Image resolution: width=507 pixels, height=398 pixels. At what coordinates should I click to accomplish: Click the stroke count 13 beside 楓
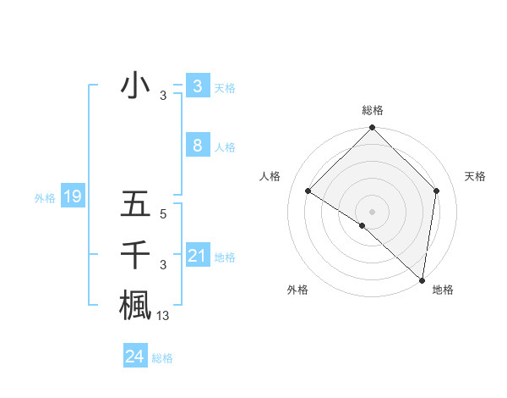click(163, 316)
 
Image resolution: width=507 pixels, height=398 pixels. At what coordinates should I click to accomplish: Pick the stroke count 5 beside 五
click(163, 215)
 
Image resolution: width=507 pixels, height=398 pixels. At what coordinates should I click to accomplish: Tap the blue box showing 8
click(197, 146)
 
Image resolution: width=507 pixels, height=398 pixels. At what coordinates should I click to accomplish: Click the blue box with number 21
click(197, 255)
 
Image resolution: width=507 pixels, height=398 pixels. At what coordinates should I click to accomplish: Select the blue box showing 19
click(73, 197)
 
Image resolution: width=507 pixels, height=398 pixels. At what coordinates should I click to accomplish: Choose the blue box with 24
click(134, 357)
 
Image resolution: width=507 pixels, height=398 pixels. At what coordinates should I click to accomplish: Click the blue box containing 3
click(197, 86)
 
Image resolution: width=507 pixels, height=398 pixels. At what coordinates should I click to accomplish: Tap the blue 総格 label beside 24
click(162, 358)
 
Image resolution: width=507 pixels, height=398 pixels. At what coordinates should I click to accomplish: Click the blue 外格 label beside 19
click(45, 198)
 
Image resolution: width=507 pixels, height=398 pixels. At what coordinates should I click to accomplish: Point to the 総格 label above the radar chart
click(372, 110)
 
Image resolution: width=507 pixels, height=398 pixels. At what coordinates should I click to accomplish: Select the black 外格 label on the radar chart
click(297, 290)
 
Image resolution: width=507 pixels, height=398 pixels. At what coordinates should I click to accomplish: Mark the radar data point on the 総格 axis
click(372, 129)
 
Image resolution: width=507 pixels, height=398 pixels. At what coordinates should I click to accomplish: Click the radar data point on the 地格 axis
click(422, 280)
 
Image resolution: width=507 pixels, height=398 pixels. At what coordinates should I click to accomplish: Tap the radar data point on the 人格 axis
click(308, 191)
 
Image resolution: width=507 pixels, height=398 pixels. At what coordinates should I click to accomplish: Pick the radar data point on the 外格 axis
click(363, 225)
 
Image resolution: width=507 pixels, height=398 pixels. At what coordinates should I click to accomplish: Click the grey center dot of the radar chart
click(372, 211)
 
